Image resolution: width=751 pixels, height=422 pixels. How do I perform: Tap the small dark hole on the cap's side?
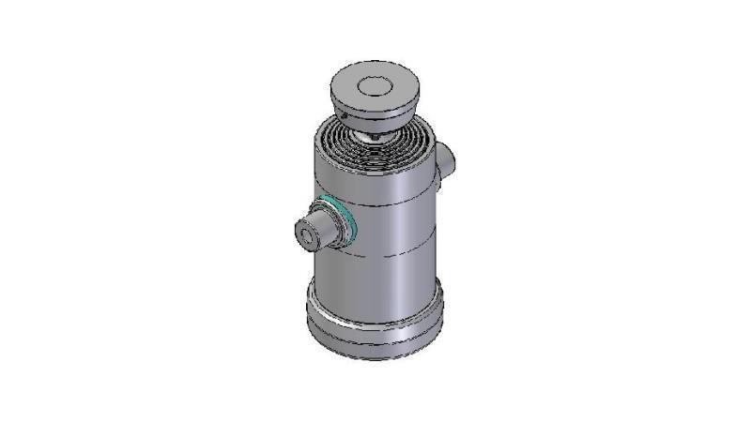(345, 116)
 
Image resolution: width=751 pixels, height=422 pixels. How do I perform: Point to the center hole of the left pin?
(306, 234)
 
